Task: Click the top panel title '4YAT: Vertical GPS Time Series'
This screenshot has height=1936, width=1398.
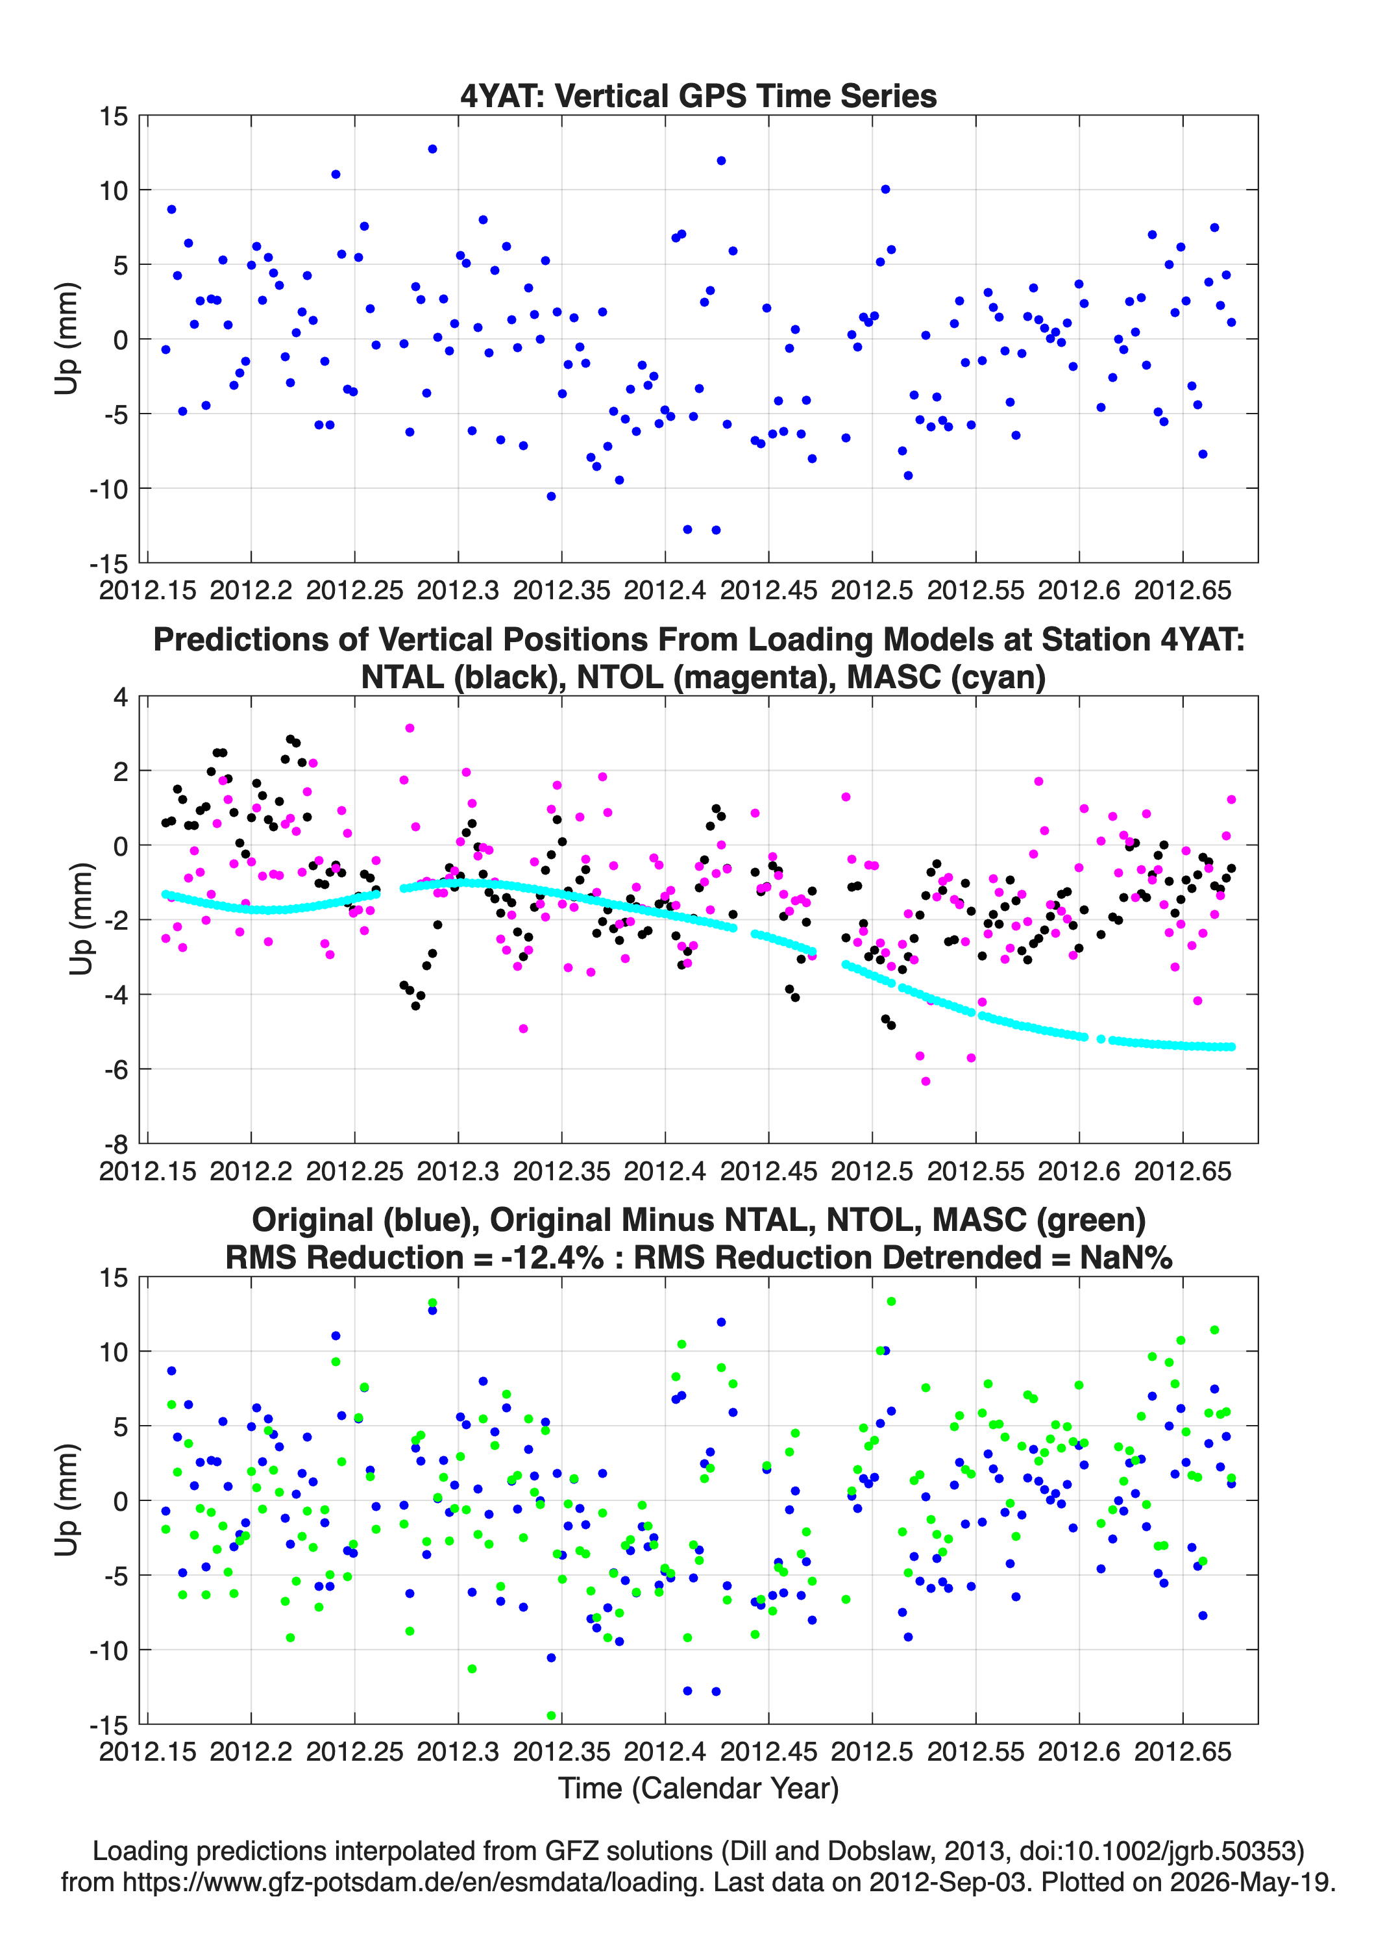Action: click(x=698, y=95)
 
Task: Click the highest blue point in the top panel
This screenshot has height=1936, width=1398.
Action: click(x=433, y=149)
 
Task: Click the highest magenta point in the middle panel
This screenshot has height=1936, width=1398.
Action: click(x=410, y=728)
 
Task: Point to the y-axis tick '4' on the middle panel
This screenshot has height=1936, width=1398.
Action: click(x=121, y=697)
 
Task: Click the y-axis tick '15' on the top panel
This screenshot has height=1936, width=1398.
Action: click(x=114, y=116)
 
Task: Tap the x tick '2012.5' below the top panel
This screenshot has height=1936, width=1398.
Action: click(x=872, y=590)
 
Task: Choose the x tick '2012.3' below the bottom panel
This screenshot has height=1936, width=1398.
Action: click(x=458, y=1752)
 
